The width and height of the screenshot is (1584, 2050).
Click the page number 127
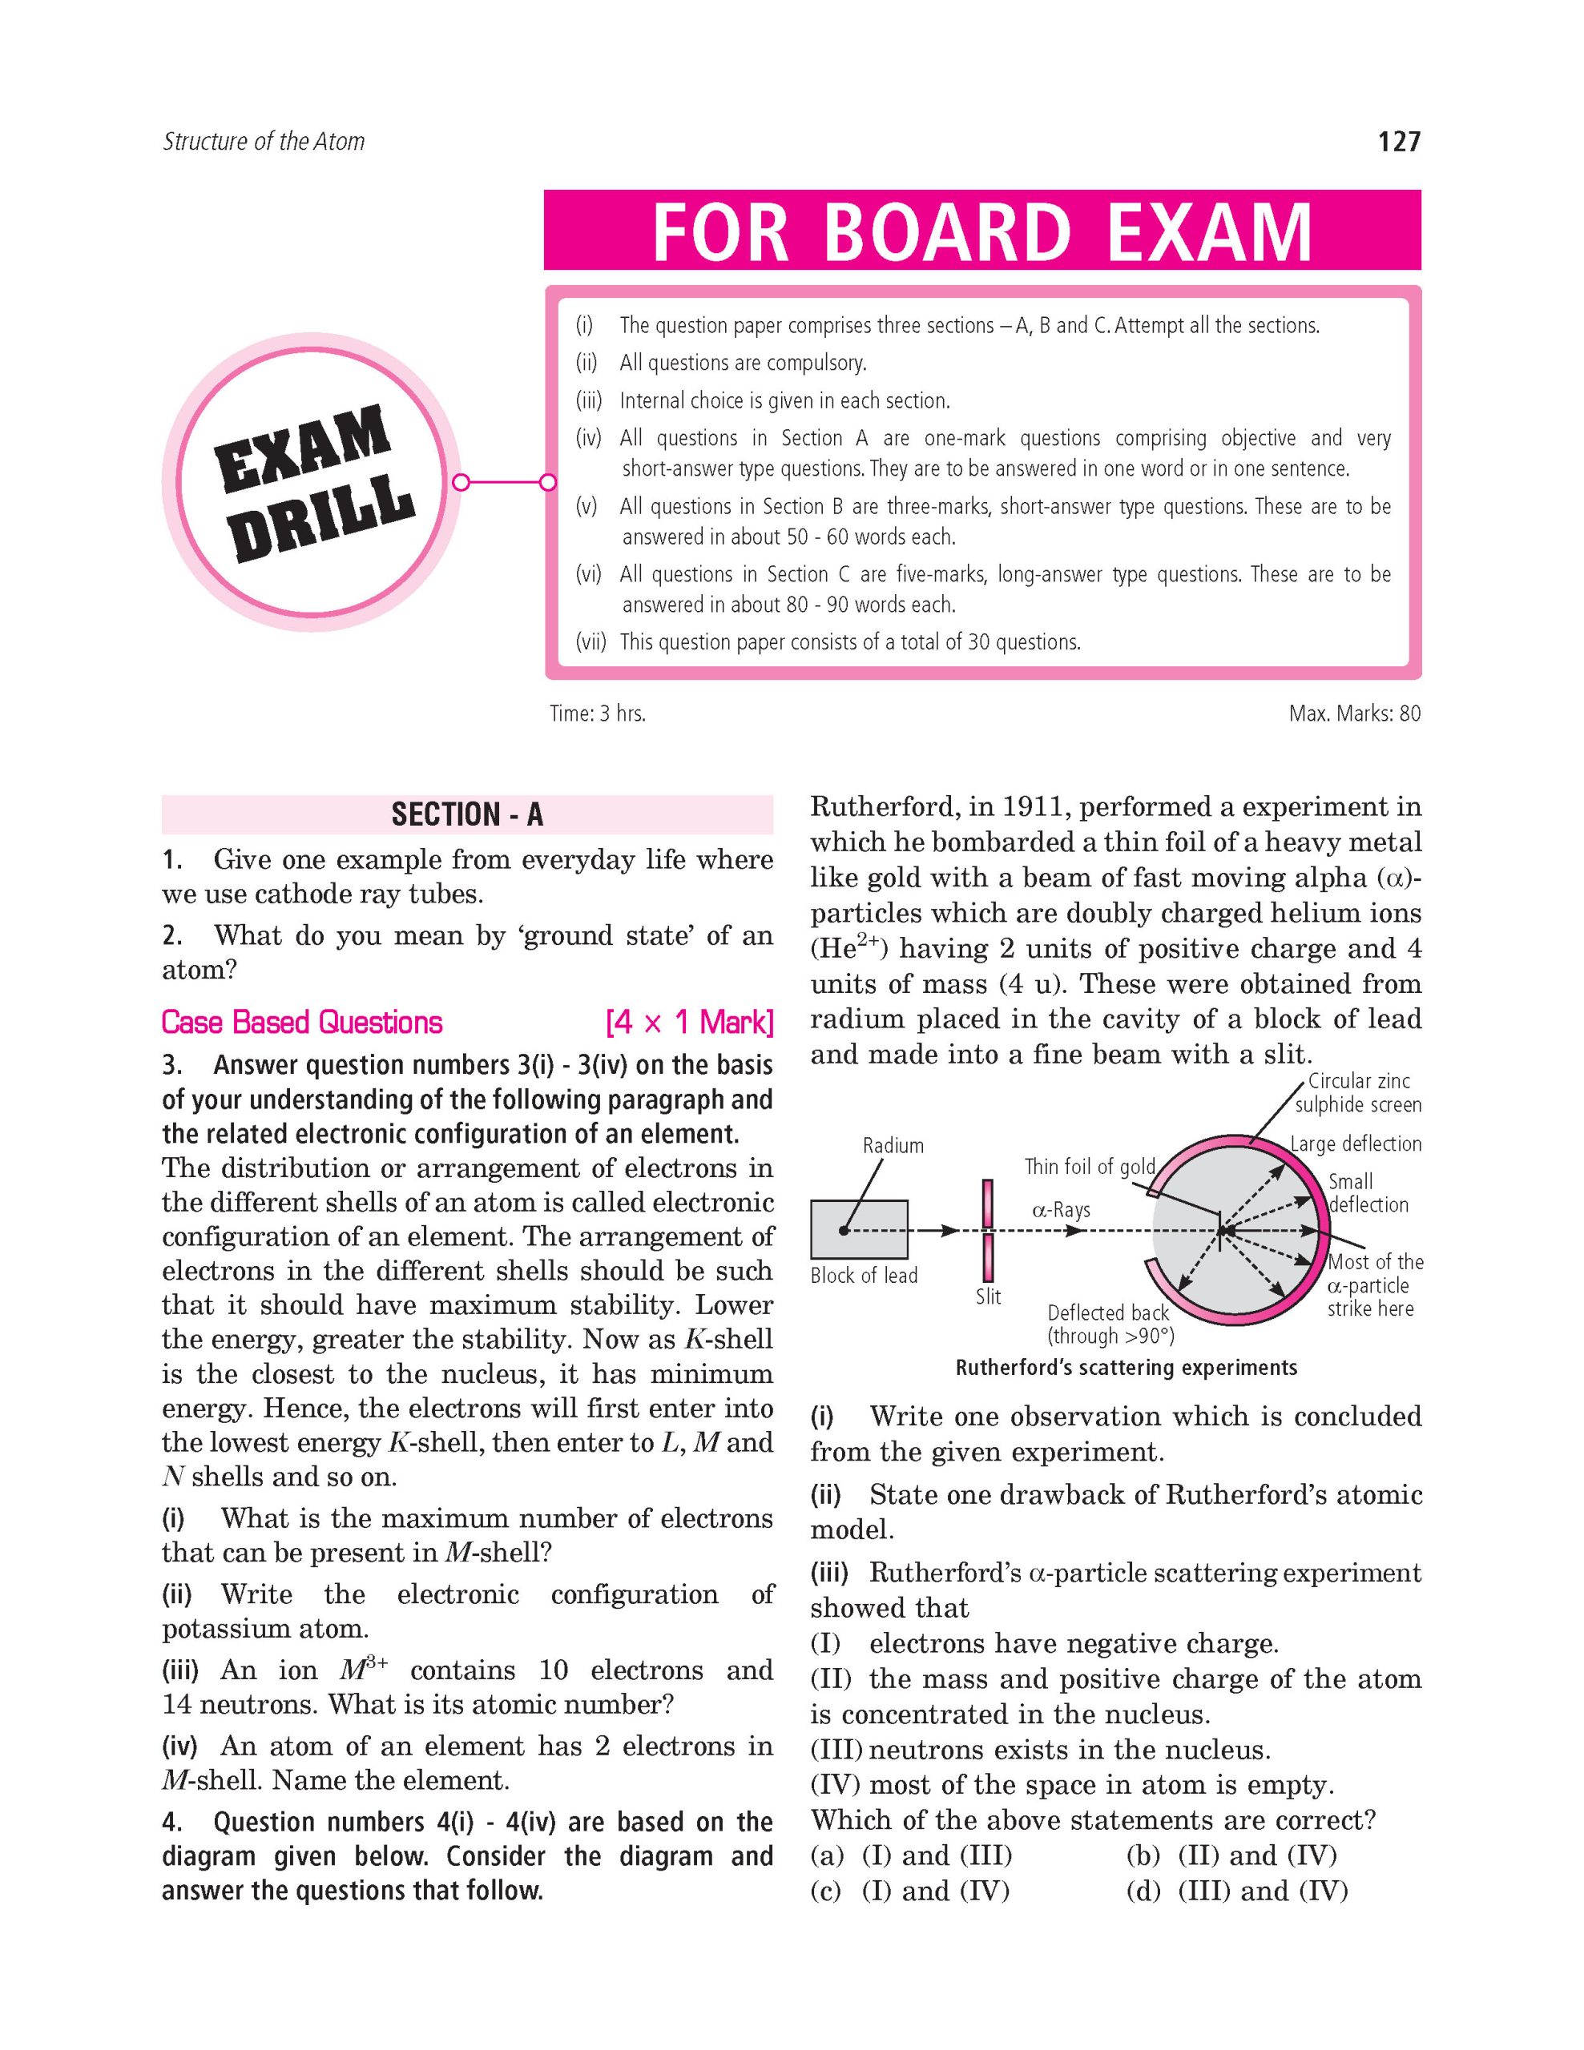click(x=1398, y=142)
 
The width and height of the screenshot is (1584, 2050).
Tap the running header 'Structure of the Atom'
click(x=263, y=142)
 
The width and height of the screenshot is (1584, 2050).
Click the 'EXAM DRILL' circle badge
click(x=311, y=482)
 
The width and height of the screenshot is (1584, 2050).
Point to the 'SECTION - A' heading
click(x=466, y=814)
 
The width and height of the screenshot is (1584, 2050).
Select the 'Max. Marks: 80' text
click(x=1354, y=713)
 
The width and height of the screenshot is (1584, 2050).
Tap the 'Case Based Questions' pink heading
click(x=301, y=1022)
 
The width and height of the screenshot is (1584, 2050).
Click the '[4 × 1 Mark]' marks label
click(x=689, y=1022)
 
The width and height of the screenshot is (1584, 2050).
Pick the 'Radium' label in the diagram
click(x=893, y=1145)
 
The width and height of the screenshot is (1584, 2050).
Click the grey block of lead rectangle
click(x=859, y=1228)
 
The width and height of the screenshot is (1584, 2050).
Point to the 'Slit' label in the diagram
click(x=988, y=1296)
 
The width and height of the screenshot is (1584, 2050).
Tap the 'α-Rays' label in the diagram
click(x=1061, y=1210)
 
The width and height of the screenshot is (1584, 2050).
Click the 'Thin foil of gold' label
click(x=1089, y=1167)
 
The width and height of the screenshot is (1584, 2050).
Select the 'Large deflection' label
click(x=1355, y=1144)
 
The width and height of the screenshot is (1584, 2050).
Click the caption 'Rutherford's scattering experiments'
click(x=1126, y=1368)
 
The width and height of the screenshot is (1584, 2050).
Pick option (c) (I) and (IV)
click(x=910, y=1891)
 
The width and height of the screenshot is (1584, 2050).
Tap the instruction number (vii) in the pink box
click(x=590, y=642)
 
